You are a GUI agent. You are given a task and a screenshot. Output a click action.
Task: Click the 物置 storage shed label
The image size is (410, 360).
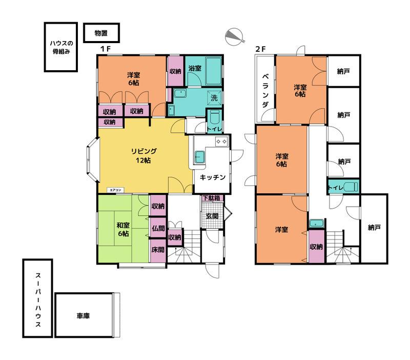[101, 33]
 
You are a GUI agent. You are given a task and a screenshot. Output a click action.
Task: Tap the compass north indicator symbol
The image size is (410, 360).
[235, 36]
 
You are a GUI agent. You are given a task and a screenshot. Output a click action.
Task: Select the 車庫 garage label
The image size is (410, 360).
[83, 316]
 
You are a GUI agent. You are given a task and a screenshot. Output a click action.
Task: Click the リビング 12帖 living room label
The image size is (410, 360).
[143, 155]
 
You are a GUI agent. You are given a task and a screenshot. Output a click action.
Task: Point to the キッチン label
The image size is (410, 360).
[212, 177]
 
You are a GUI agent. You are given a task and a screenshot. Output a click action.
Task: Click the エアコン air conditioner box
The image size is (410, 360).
[115, 190]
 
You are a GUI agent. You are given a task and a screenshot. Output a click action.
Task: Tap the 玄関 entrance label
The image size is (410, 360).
[212, 216]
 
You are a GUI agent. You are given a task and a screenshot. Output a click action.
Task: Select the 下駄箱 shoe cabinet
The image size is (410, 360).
[212, 198]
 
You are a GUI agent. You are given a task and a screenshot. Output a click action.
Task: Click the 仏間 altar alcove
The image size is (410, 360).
[158, 228]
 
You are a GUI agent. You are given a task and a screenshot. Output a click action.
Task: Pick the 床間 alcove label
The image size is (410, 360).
[158, 250]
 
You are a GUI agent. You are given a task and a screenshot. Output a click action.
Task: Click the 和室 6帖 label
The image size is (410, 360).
[123, 229]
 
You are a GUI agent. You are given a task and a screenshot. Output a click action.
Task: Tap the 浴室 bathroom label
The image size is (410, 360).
[195, 68]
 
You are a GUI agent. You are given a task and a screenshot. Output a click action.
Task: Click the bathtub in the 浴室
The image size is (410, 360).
[214, 71]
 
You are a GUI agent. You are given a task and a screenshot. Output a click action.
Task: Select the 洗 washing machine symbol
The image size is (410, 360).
[214, 98]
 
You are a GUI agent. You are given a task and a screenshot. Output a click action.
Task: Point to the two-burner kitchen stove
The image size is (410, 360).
[221, 142]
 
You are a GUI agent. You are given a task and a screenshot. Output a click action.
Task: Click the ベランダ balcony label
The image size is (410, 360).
[265, 91]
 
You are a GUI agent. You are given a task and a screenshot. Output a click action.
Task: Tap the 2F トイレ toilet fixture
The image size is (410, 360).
[351, 187]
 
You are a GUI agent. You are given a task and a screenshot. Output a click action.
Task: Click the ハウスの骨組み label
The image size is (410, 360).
[61, 47]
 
